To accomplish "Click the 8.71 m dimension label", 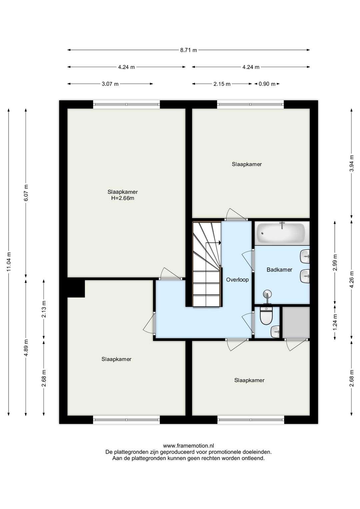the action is (188, 50).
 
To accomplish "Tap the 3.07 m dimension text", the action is (110, 84).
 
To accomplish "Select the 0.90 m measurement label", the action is (267, 84).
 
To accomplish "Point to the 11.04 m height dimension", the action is (9, 262).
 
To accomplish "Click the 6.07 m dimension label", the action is (26, 192).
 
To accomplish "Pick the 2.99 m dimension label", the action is (335, 263).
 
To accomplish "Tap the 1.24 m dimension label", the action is (335, 322).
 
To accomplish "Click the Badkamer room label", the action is (279, 270).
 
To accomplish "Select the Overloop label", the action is (237, 280).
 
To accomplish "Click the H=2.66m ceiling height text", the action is (122, 198).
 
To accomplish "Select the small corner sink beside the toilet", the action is (275, 332).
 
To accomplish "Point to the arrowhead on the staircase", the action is (220, 243).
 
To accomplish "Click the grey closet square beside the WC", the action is (296, 323).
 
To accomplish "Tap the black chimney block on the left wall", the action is (76, 289).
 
